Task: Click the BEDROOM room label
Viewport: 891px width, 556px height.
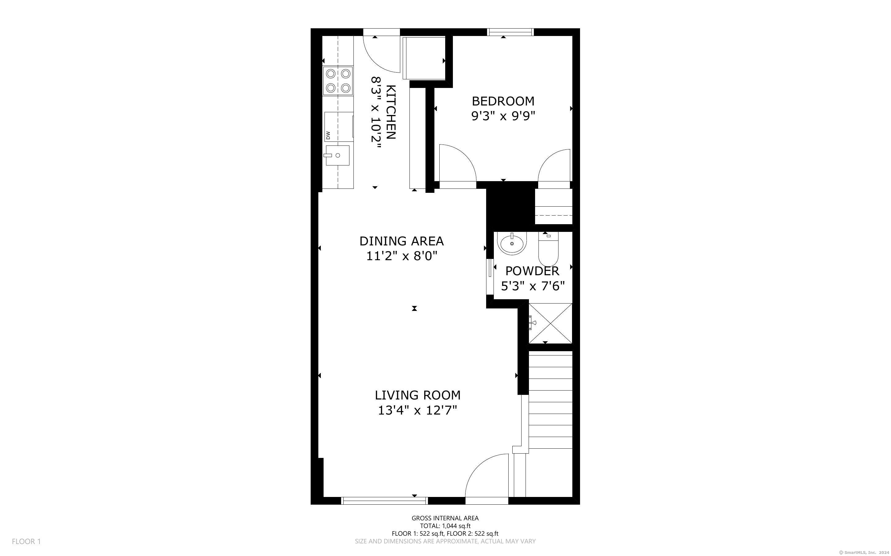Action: coord(503,101)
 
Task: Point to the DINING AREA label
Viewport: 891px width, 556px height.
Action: coord(401,241)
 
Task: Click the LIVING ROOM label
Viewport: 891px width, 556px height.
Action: coord(418,395)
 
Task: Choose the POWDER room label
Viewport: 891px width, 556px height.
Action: coord(532,271)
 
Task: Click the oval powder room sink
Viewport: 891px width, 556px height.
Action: coord(512,243)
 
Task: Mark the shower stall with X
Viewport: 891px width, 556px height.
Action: coord(550,323)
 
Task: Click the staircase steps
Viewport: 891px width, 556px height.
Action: coord(550,400)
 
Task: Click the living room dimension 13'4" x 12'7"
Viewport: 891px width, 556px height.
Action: coord(418,410)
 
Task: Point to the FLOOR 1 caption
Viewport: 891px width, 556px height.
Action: coord(26,541)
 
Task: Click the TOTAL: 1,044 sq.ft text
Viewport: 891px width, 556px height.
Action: coord(445,526)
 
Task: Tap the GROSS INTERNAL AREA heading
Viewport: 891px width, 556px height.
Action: coord(445,518)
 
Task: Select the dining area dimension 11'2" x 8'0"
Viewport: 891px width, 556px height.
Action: coord(401,256)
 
